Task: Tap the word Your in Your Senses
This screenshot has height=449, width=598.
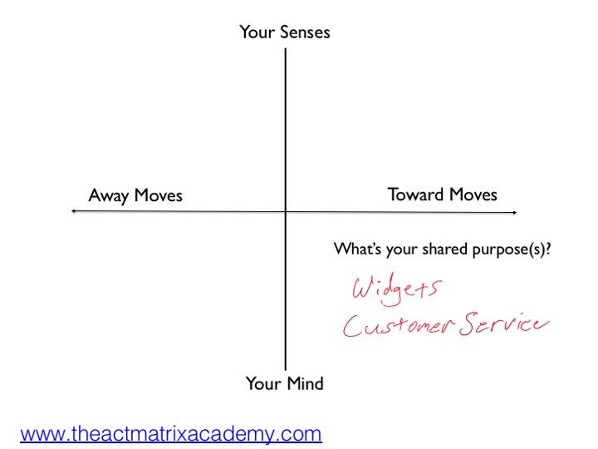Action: pyautogui.click(x=256, y=32)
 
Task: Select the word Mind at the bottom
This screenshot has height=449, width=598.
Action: pyautogui.click(x=304, y=383)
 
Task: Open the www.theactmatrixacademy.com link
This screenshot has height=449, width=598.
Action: pyautogui.click(x=171, y=433)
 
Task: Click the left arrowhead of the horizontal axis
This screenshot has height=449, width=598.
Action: pyautogui.click(x=74, y=212)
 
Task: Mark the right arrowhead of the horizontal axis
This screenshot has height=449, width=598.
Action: pyautogui.click(x=515, y=212)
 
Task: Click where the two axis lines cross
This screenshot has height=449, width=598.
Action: pyautogui.click(x=285, y=212)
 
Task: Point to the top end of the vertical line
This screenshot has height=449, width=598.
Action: pyautogui.click(x=285, y=50)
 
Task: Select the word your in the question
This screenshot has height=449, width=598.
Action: pyautogui.click(x=401, y=249)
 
